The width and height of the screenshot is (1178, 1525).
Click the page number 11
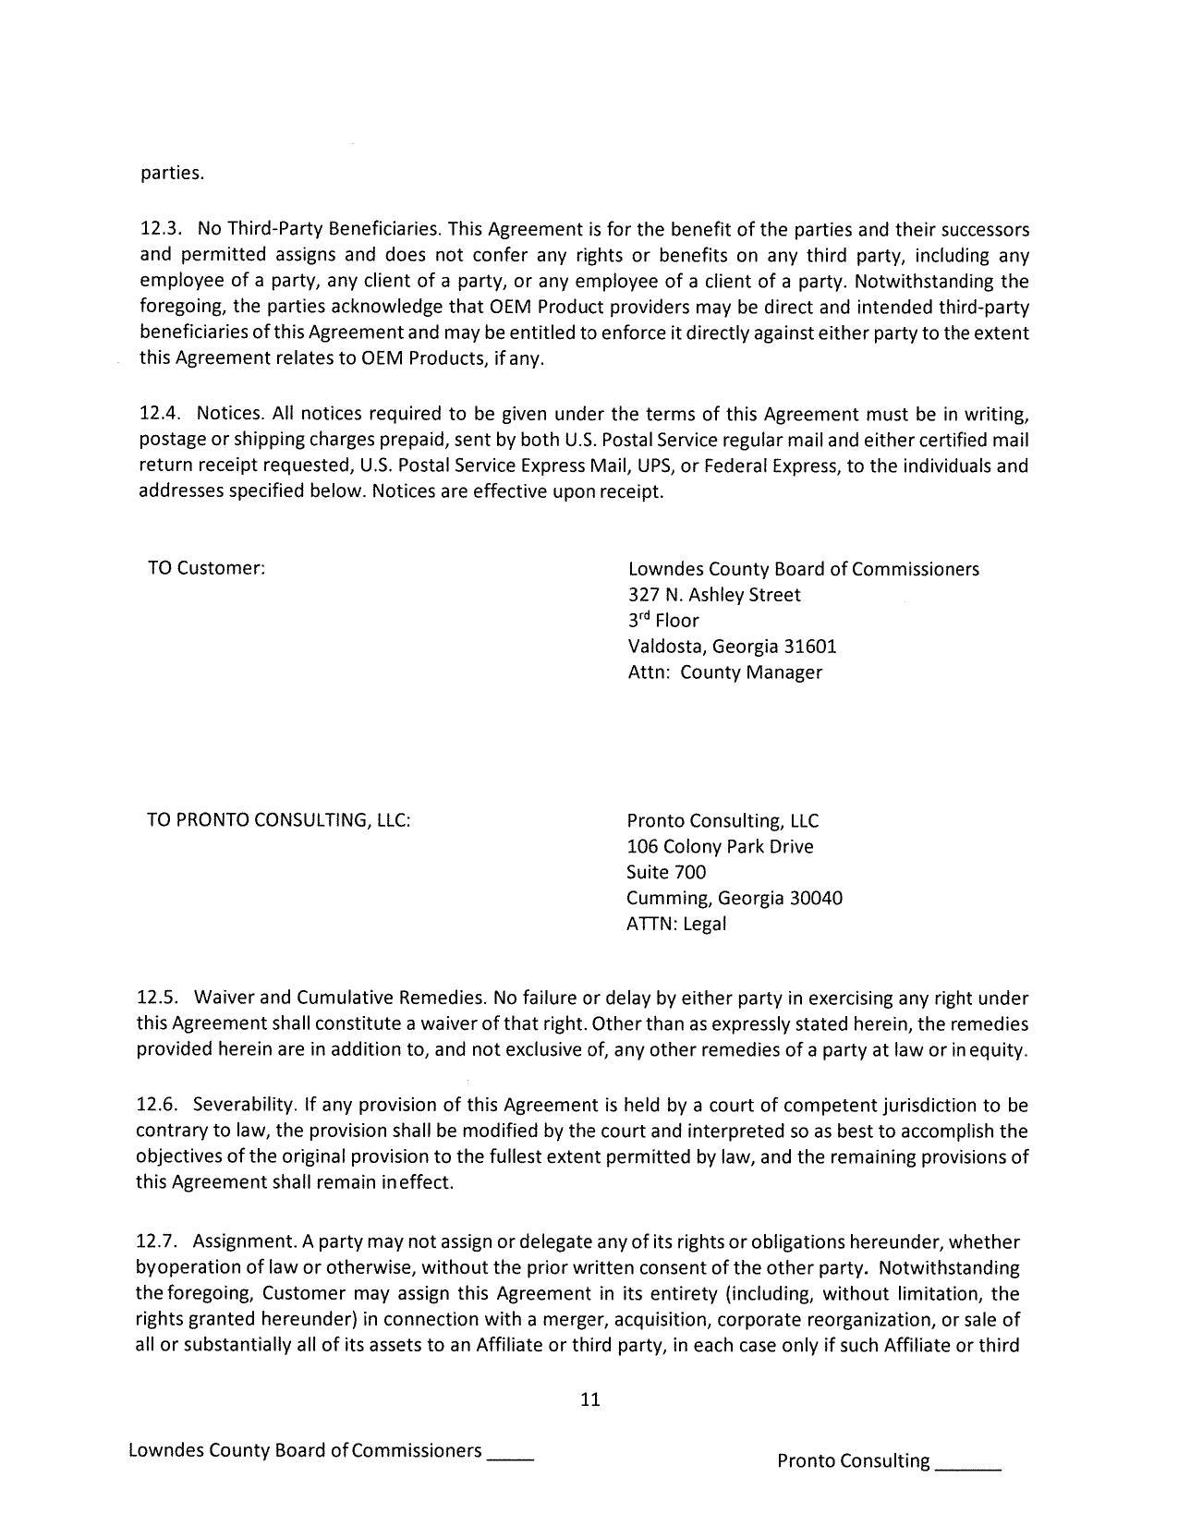point(590,1398)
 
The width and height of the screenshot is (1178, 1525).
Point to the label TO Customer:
point(206,568)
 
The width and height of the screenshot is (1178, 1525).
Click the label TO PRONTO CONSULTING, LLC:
point(278,820)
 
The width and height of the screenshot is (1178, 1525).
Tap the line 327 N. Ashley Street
point(713,595)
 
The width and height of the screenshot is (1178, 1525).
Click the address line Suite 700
point(665,872)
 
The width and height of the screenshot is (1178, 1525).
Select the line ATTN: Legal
point(675,924)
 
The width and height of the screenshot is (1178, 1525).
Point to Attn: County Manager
point(724,672)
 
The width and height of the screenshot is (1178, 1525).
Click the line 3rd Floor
point(662,621)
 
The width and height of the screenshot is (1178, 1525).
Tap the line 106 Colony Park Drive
point(719,846)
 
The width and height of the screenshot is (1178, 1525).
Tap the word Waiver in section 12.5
point(225,998)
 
